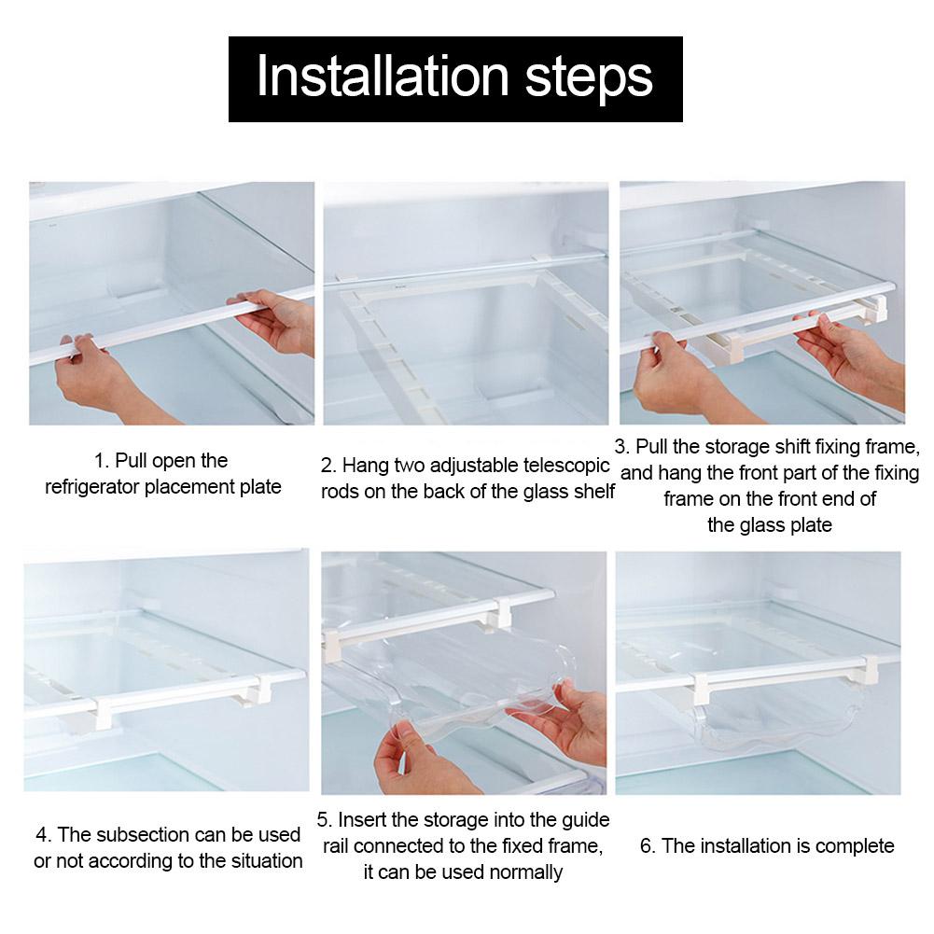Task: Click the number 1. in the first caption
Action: [x=103, y=461]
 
